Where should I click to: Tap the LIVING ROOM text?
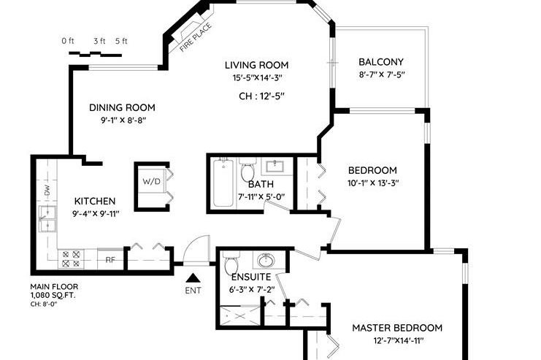256,65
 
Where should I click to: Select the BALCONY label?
381,62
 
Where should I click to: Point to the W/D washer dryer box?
152,181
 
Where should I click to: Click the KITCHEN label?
95,201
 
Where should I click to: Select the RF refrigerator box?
110,258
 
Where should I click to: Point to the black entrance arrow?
193,277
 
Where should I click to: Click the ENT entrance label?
193,291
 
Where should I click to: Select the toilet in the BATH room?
248,173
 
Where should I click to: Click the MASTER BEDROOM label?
397,328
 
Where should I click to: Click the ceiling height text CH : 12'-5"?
261,95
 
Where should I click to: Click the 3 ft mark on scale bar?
97,41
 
